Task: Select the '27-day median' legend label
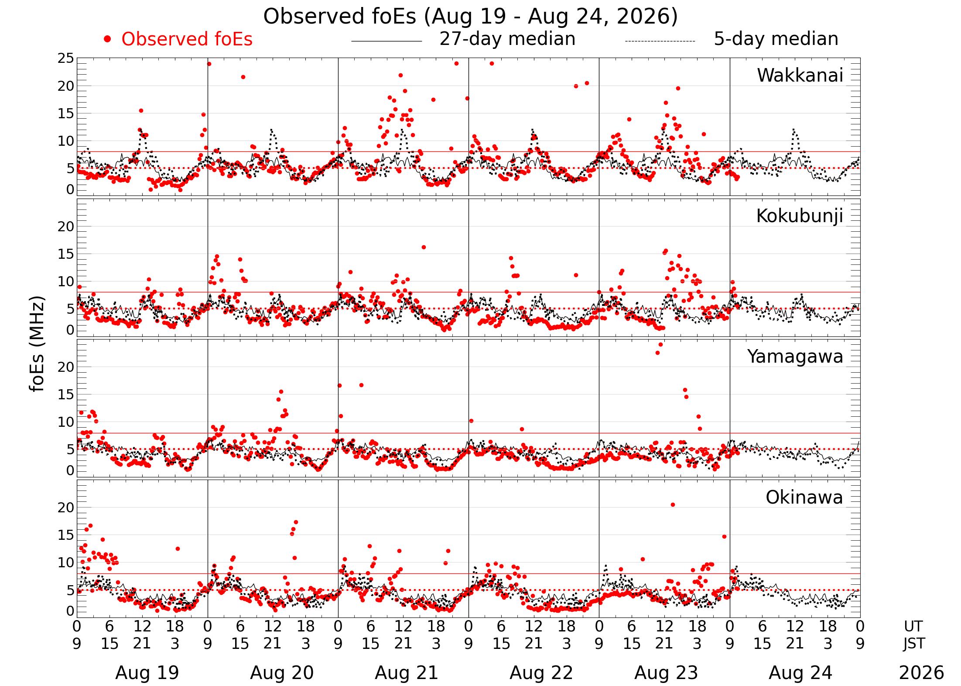(x=507, y=39)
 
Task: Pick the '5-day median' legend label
(x=776, y=39)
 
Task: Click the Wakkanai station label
(x=800, y=75)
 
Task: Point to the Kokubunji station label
(x=799, y=216)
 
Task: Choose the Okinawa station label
(x=804, y=497)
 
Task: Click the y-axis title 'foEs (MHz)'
(x=38, y=344)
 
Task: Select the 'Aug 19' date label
(x=147, y=673)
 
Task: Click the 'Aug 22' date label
(x=541, y=673)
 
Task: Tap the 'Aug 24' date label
(x=800, y=673)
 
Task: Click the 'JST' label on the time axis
(x=914, y=644)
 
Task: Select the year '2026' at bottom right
(x=921, y=673)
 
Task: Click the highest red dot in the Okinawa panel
(x=673, y=505)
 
